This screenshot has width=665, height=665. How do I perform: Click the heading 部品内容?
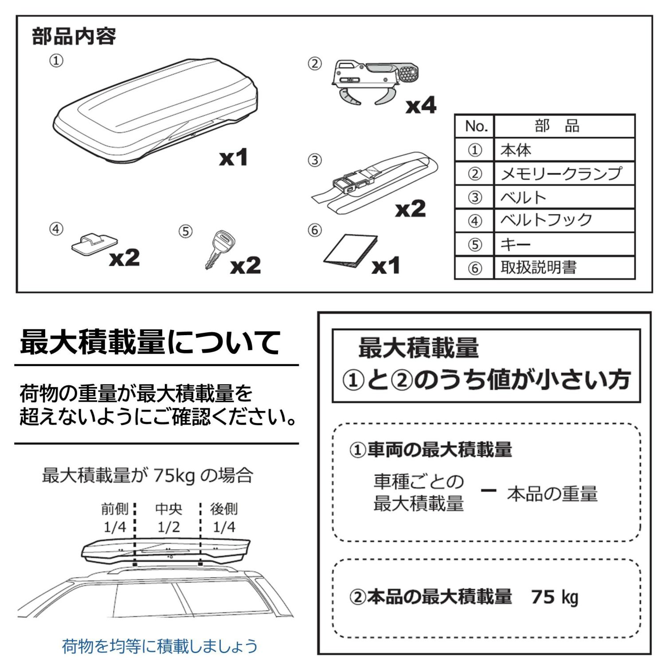click(74, 36)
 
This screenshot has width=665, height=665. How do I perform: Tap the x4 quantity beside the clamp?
click(421, 106)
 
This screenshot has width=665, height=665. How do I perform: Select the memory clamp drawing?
click(375, 82)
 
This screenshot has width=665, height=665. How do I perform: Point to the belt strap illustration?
click(375, 182)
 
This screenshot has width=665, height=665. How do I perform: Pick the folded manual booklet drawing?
click(350, 251)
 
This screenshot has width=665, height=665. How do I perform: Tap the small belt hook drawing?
click(94, 243)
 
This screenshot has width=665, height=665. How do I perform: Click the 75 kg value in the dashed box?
click(555, 597)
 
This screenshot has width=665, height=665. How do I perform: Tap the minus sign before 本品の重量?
click(488, 490)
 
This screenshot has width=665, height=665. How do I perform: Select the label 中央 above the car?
click(168, 509)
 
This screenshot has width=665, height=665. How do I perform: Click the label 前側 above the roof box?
click(114, 509)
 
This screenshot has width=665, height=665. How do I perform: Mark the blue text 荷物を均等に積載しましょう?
click(160, 646)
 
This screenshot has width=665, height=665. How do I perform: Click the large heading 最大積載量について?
click(150, 342)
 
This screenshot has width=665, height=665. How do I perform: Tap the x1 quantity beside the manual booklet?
click(386, 266)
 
